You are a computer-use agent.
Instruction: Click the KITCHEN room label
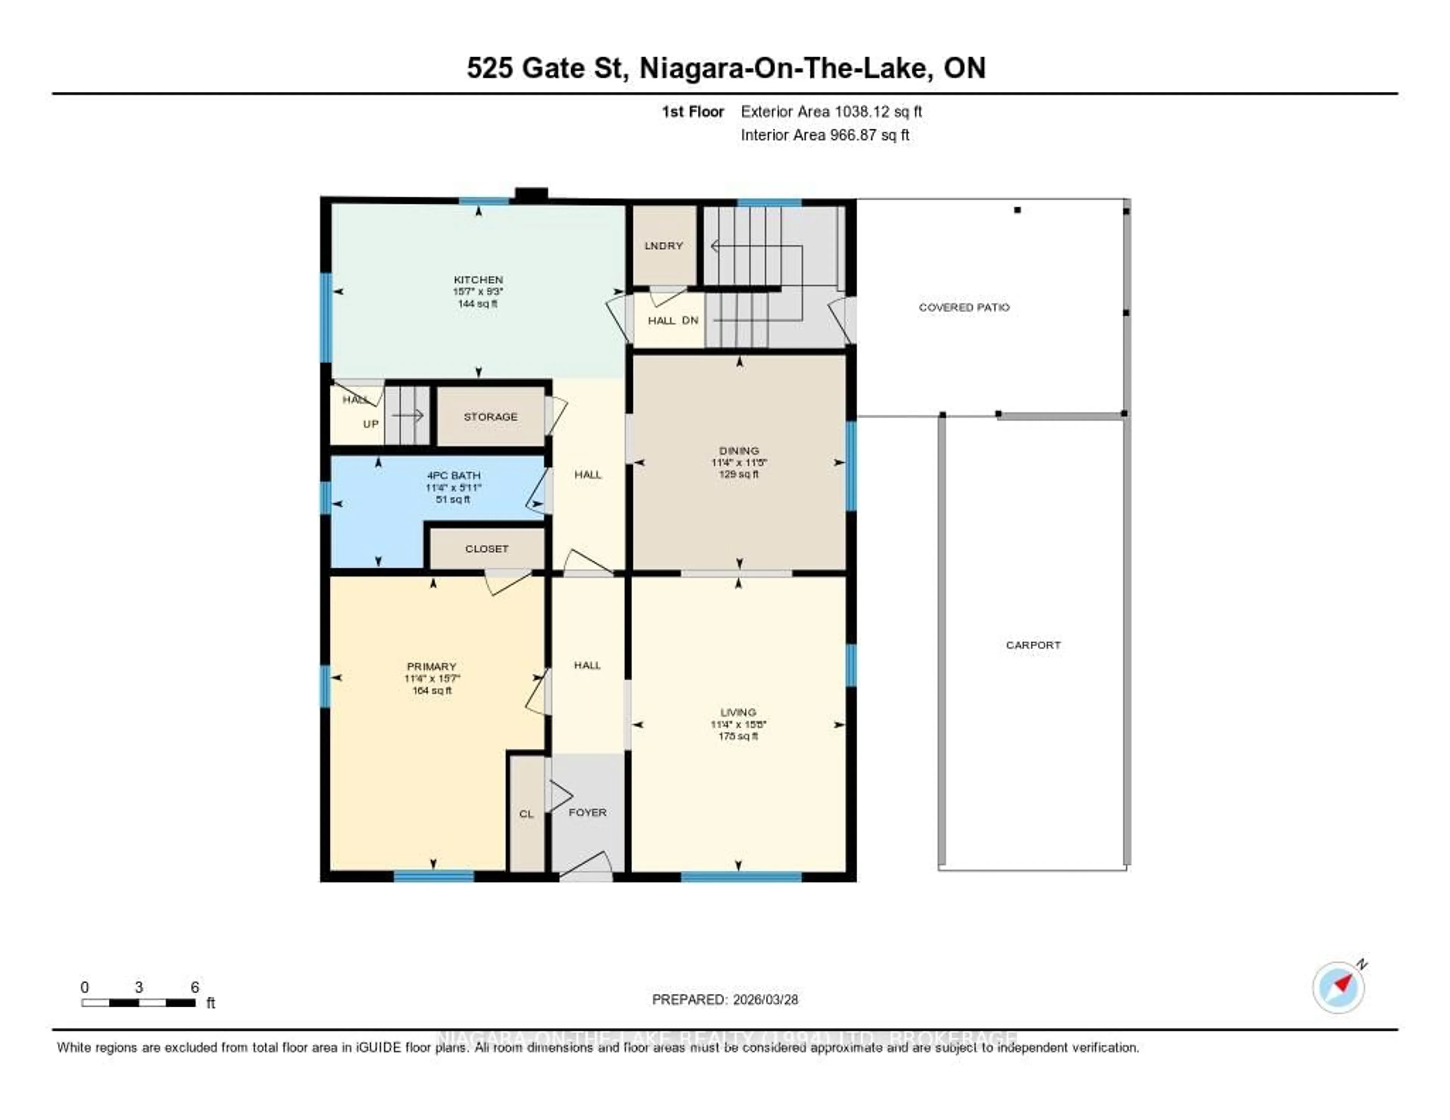point(478,279)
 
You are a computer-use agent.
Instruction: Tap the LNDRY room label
point(663,246)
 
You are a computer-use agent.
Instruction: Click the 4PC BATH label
point(454,475)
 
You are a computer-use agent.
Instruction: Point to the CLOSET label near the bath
point(487,548)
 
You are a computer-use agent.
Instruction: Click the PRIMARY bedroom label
point(432,666)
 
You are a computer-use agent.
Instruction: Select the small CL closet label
point(526,814)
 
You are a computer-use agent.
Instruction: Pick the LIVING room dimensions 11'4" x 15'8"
point(738,724)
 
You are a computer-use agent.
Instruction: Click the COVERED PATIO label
point(964,307)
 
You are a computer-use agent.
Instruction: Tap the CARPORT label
point(1033,645)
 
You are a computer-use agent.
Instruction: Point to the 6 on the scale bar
point(194,987)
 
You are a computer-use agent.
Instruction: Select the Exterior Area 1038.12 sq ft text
point(831,111)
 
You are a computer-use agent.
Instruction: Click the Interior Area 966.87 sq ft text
point(825,135)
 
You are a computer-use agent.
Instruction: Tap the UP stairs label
point(370,424)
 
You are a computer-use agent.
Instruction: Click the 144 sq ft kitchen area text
point(477,303)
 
